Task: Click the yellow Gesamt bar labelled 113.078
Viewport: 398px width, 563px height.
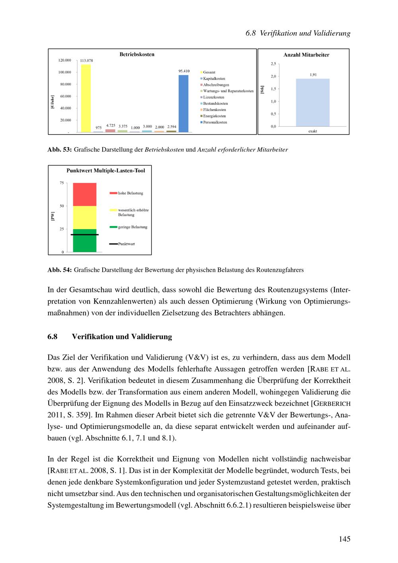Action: (x=86, y=98)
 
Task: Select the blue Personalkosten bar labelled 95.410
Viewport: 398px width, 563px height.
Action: (x=183, y=103)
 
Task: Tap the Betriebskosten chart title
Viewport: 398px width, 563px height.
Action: (x=137, y=55)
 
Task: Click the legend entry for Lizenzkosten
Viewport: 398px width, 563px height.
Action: (x=213, y=97)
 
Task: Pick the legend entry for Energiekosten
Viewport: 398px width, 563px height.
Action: (x=214, y=116)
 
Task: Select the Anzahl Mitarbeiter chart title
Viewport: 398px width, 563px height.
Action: (x=306, y=55)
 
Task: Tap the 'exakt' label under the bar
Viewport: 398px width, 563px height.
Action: (x=312, y=131)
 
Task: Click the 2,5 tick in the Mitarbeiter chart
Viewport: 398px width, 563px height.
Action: (x=273, y=64)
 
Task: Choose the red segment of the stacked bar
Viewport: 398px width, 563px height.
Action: (x=84, y=195)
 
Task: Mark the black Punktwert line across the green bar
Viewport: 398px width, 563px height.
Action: (x=84, y=235)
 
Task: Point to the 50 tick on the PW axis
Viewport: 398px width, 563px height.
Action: (x=62, y=206)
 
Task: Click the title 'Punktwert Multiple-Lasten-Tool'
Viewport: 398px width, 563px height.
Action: (x=105, y=171)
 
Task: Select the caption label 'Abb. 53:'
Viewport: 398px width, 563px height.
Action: (x=60, y=150)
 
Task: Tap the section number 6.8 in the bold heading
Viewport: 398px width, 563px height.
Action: (x=52, y=337)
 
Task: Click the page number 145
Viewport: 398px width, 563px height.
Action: (x=345, y=539)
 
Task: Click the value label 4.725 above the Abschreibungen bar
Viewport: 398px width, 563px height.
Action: (x=110, y=125)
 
